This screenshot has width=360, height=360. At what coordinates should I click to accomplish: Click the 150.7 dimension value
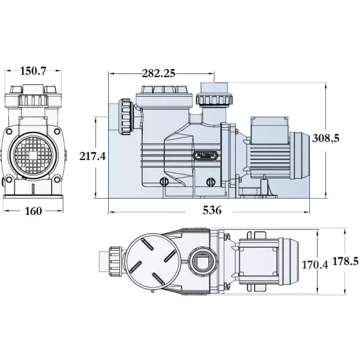34,71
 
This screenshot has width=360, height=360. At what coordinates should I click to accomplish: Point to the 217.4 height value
93,156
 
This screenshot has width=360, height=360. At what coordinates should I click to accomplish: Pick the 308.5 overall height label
326,138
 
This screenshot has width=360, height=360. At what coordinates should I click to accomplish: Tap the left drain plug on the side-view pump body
162,182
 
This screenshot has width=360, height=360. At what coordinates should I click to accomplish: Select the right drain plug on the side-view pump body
210,182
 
